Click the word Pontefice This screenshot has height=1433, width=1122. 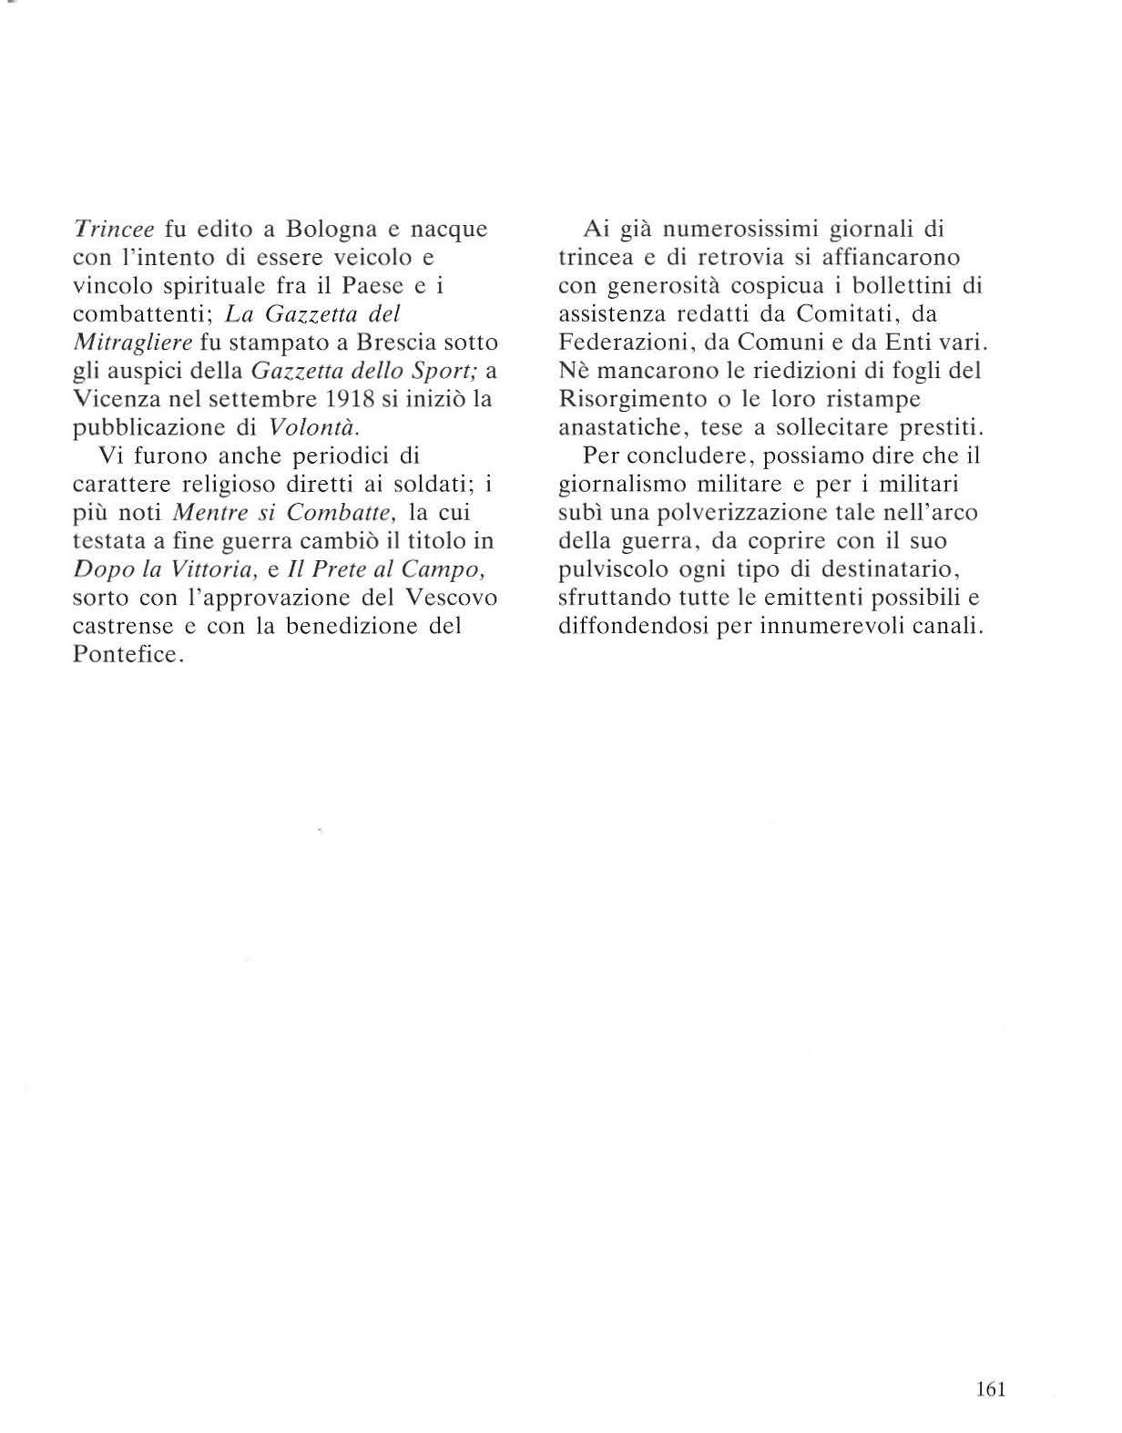tap(128, 655)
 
